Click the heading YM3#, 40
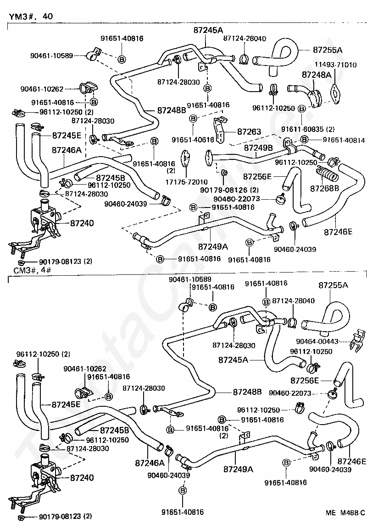click(30, 16)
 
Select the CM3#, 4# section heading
click(33, 270)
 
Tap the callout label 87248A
click(317, 75)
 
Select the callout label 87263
click(249, 131)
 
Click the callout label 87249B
click(258, 147)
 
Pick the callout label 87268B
click(324, 188)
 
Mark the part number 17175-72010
click(187, 182)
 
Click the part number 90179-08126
click(225, 190)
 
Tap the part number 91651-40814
click(344, 140)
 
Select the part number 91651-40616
click(193, 140)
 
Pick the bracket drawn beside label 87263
click(219, 130)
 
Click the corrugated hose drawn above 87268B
click(327, 174)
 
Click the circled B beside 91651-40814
click(305, 140)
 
